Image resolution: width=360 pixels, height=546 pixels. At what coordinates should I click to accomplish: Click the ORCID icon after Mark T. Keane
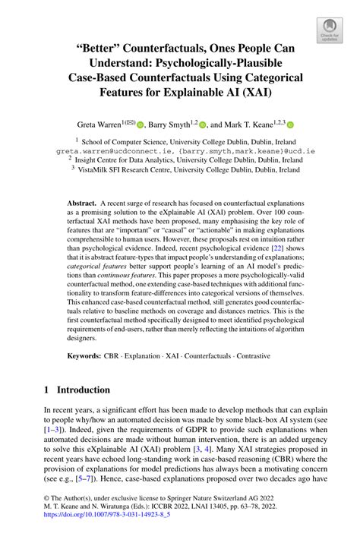click(289, 125)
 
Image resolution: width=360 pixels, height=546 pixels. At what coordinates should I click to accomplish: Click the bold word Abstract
click(81, 205)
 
